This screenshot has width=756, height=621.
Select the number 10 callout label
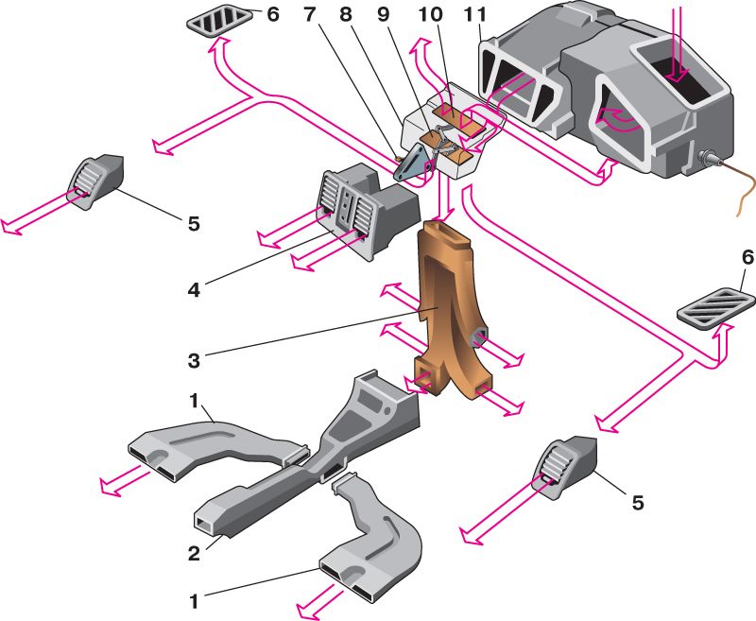(436, 15)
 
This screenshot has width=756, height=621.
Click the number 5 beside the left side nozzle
(194, 223)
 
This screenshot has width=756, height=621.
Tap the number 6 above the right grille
(747, 282)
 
